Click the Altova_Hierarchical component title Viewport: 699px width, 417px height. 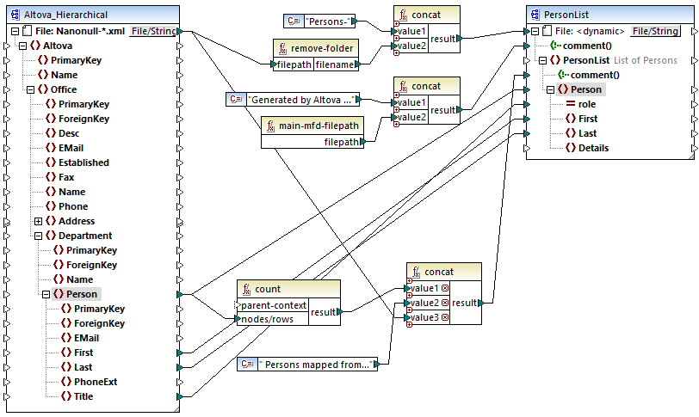click(x=65, y=15)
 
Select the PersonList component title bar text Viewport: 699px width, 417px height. click(x=570, y=15)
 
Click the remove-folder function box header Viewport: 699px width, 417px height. click(x=314, y=49)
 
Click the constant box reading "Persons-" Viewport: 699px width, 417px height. click(x=325, y=20)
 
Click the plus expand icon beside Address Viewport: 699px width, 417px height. click(x=38, y=221)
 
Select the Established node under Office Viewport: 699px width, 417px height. click(x=83, y=163)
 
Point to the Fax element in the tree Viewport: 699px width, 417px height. click(x=67, y=177)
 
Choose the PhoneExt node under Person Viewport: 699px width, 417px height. click(x=95, y=382)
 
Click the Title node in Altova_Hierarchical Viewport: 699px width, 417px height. click(x=83, y=396)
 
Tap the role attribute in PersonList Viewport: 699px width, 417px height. click(x=586, y=104)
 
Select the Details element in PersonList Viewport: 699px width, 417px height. click(x=592, y=148)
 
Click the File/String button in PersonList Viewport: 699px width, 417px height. click(x=655, y=31)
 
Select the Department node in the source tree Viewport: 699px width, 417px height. click(x=84, y=236)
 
